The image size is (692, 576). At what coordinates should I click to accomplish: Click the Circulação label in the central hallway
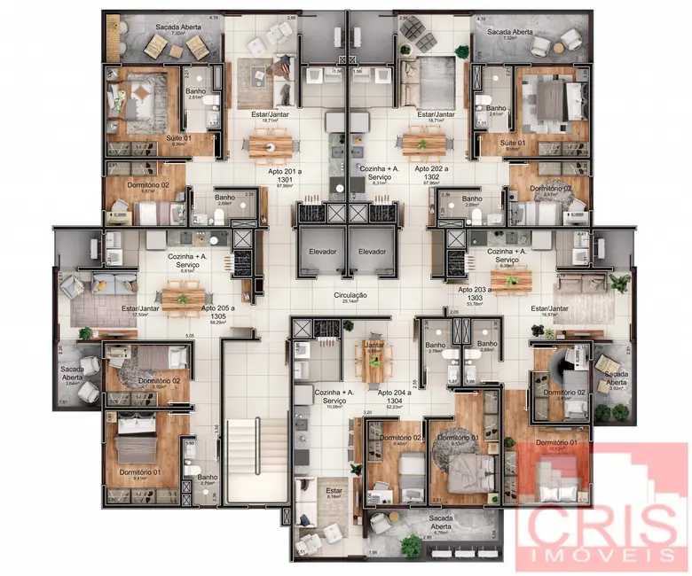click(350, 294)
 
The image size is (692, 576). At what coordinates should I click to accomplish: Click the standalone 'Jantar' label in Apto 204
click(374, 346)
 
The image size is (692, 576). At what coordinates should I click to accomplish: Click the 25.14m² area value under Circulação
click(350, 302)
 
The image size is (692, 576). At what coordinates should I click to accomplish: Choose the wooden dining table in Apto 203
click(510, 279)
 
